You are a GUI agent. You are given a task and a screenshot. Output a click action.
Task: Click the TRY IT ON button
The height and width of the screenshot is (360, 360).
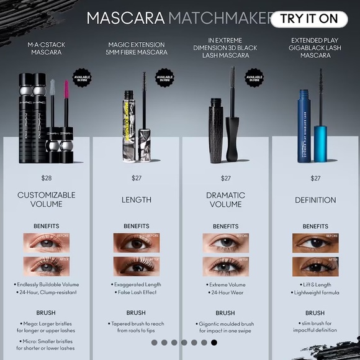pos(308,19)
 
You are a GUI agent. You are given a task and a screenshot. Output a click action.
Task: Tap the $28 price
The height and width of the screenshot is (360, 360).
pos(47,178)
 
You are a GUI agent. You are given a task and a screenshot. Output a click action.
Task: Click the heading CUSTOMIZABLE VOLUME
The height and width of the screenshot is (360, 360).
pos(47,199)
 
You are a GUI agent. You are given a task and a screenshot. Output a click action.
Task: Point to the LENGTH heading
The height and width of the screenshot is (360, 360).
pos(136,200)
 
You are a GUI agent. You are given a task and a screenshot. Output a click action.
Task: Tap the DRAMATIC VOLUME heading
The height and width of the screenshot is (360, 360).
pos(225,199)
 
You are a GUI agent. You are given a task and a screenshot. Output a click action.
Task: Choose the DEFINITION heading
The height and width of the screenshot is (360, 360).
pos(315,200)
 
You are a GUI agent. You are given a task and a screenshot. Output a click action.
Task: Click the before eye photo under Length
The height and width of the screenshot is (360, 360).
pos(136,243)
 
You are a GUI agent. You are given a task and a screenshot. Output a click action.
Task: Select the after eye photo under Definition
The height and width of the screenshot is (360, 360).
pos(315,266)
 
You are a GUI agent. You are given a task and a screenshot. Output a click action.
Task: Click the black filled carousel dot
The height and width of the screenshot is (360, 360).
pos(214,342)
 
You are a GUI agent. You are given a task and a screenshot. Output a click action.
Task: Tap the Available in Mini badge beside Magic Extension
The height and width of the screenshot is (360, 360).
pos(164,79)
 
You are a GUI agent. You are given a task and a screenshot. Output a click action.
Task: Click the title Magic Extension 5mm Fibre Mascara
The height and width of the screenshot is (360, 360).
pos(136,48)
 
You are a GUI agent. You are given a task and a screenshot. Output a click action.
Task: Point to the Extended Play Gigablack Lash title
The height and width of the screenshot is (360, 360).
pos(315,48)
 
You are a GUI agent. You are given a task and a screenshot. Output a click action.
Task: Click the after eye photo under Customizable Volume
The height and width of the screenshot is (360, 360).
pos(47,266)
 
